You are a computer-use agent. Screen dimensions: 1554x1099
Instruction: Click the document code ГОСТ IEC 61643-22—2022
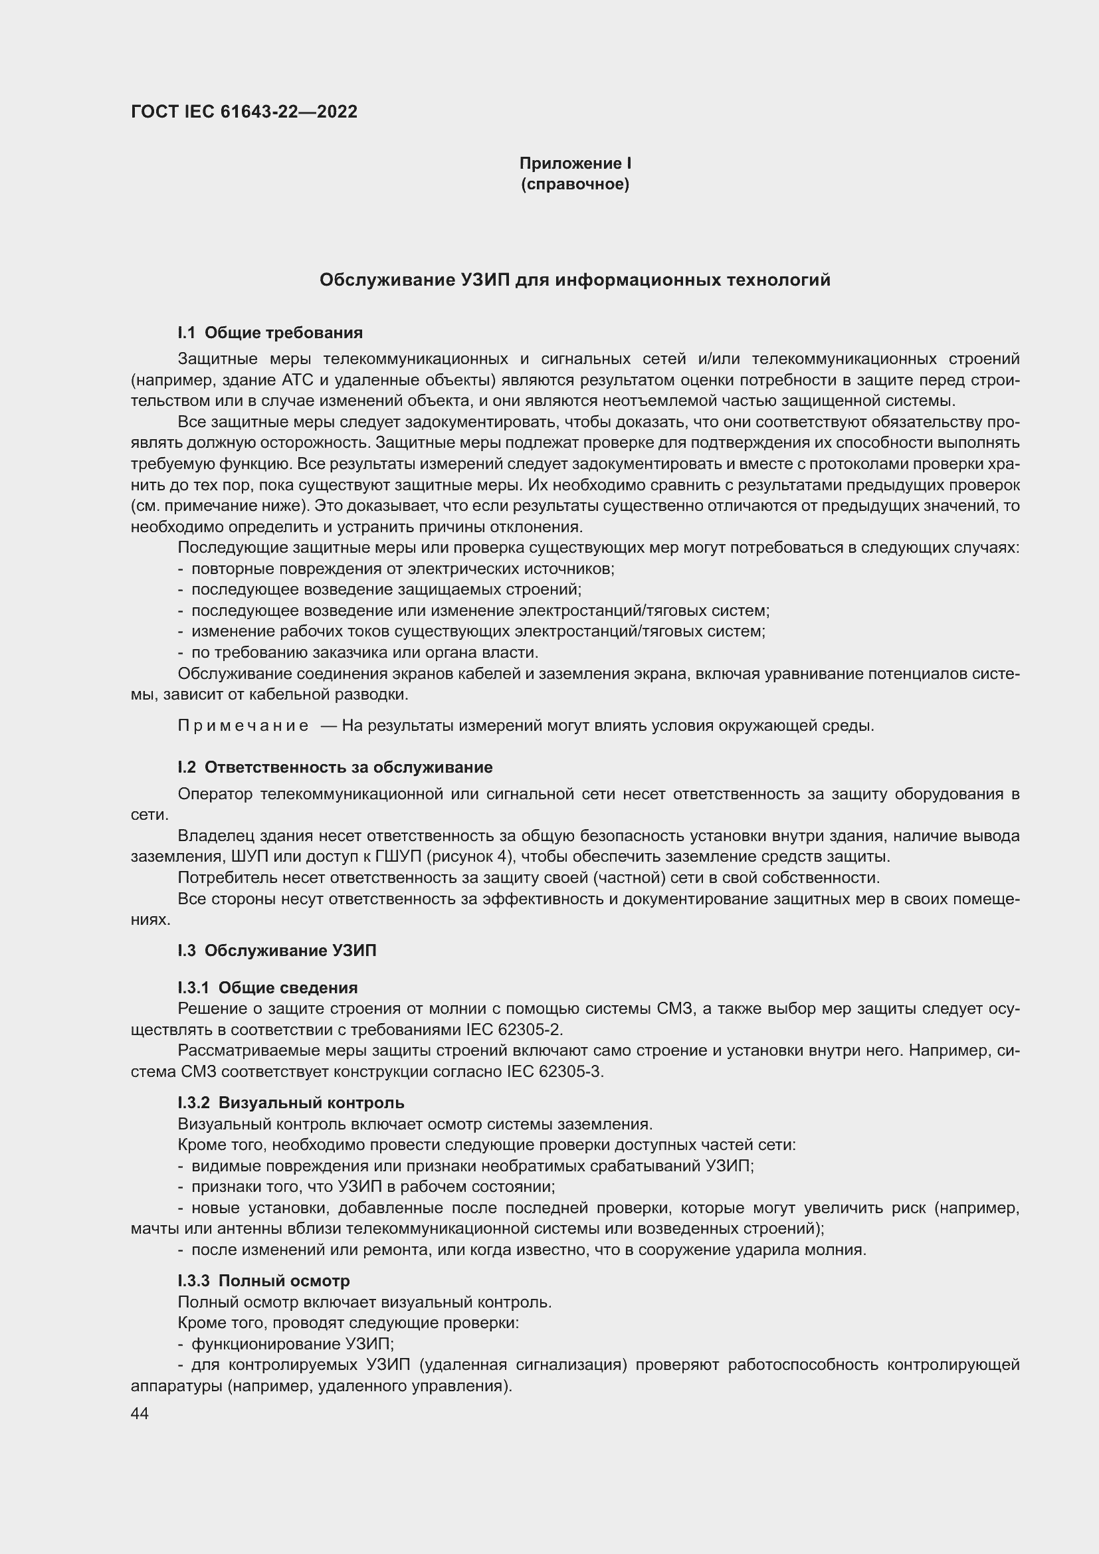[x=244, y=112]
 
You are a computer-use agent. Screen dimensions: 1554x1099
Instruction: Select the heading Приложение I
[x=575, y=163]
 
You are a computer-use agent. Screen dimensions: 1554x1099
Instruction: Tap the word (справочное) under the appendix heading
[x=575, y=184]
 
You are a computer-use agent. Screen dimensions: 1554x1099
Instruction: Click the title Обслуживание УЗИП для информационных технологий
[x=575, y=280]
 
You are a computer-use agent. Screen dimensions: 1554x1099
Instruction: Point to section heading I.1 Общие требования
[x=270, y=332]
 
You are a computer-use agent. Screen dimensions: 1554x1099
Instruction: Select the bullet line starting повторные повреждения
[x=403, y=569]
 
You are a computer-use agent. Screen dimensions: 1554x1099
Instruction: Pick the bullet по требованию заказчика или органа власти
[x=365, y=652]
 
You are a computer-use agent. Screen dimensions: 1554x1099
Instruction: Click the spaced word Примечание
[x=243, y=726]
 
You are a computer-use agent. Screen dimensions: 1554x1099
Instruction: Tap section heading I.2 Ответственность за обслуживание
[x=335, y=767]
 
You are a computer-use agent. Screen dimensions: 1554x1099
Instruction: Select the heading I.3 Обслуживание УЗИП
[x=277, y=950]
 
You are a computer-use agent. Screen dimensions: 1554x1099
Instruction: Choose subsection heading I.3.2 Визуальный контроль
[x=291, y=1103]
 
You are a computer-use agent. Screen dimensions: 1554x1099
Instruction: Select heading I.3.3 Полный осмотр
[x=264, y=1280]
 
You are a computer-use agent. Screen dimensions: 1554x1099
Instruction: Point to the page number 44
[x=140, y=1413]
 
